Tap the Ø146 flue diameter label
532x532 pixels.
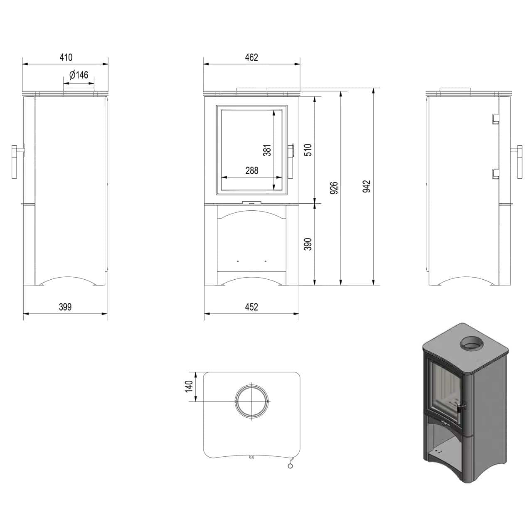tap(79, 75)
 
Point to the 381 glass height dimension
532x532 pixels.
tap(267, 150)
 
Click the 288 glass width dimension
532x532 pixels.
tap(252, 170)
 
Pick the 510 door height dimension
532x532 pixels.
tap(308, 150)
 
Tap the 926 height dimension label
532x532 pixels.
tap(334, 188)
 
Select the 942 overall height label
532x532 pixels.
tap(367, 186)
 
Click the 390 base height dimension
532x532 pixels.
tap(308, 244)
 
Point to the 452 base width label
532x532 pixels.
tap(251, 307)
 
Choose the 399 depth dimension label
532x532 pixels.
tap(65, 307)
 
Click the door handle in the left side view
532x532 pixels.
tap(15, 162)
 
